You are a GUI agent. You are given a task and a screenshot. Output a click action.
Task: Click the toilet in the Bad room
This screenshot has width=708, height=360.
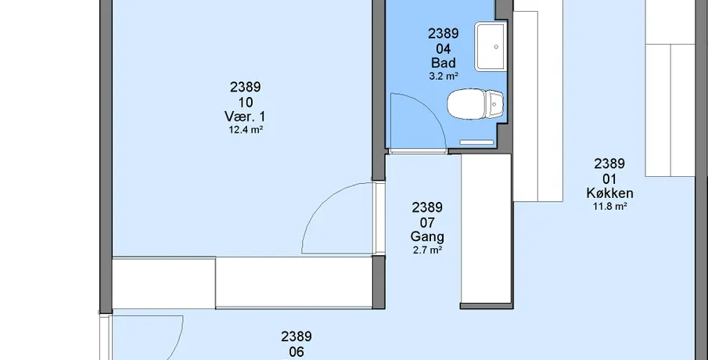pos(475,104)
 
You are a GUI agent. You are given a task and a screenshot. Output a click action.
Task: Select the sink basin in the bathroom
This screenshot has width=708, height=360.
pos(490,46)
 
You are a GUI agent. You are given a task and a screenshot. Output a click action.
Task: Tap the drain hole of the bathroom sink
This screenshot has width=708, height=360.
pos(496,46)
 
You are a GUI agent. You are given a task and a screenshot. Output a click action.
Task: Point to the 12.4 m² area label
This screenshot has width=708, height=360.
pos(246,130)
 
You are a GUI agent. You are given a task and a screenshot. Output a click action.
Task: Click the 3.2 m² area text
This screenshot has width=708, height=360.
pos(444,76)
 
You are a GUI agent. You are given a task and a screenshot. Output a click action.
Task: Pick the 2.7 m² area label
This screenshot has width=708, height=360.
pos(427,250)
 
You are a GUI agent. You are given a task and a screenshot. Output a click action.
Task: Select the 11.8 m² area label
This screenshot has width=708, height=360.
pos(609,207)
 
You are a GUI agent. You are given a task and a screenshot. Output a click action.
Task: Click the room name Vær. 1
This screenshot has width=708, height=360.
pos(245,117)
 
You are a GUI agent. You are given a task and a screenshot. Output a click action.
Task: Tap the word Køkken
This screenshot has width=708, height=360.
pos(609,193)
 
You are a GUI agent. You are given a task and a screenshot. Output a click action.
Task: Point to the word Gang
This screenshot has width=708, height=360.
pos(427,236)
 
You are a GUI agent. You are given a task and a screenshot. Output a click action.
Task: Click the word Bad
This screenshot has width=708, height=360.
pos(444,63)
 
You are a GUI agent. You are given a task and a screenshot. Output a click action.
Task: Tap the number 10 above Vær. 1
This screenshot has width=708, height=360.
pos(245,102)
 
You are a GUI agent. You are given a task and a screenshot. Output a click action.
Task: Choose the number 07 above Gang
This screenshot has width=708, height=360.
pos(427,222)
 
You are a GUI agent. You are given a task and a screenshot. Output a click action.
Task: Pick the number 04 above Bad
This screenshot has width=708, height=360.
pos(444,49)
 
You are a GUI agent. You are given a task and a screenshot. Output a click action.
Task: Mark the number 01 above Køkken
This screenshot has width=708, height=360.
pos(609,178)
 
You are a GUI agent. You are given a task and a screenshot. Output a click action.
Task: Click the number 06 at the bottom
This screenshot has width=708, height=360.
pos(296,351)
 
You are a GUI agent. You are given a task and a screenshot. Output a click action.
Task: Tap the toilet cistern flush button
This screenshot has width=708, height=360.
pos(494,104)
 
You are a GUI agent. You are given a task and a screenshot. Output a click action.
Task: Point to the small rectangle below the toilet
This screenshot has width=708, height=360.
pos(476,142)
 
